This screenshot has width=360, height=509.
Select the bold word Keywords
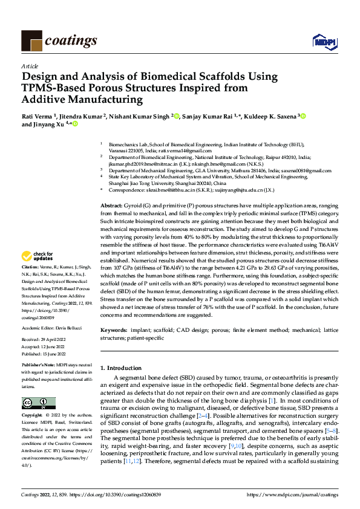113,330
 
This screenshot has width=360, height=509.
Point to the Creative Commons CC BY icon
38,403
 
